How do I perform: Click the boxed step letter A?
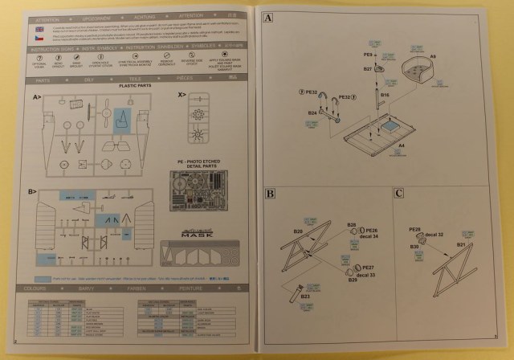coord(267,18)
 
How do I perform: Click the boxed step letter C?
coord(398,194)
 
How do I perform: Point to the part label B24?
coord(312,113)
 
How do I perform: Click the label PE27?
coord(368,266)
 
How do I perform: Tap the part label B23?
coord(306,297)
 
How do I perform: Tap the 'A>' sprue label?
coord(37,96)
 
